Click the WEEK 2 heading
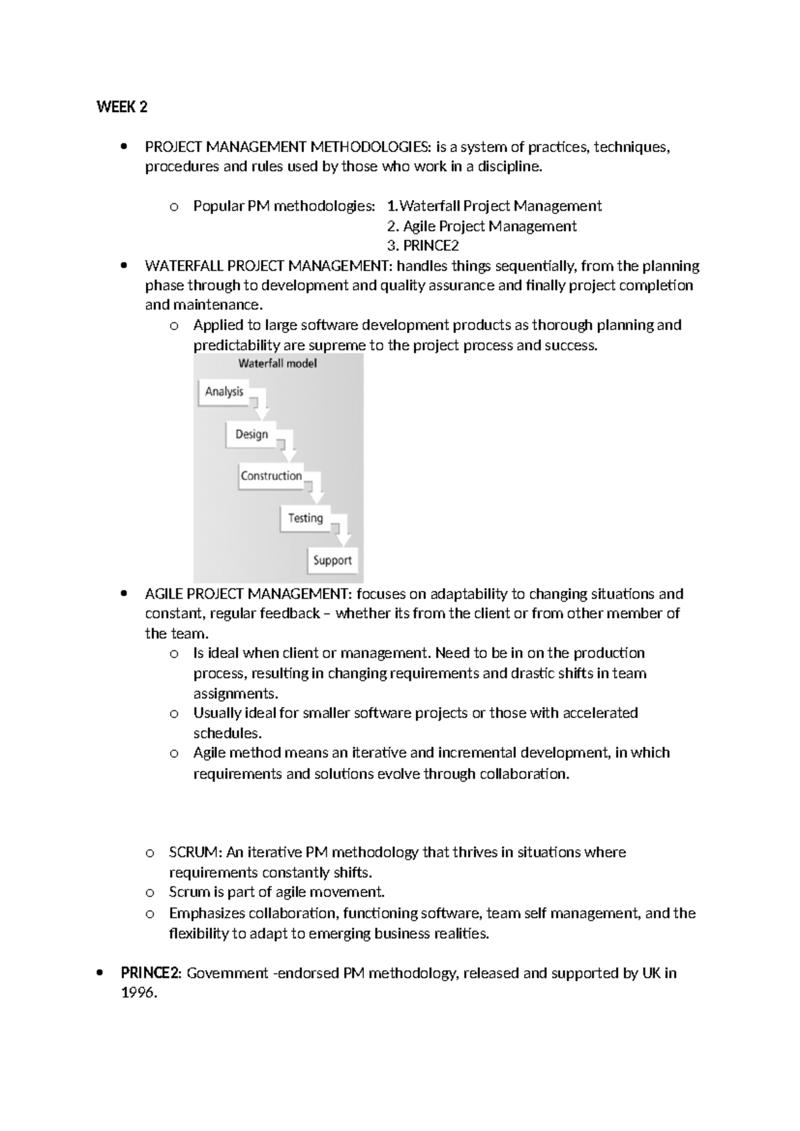click(121, 107)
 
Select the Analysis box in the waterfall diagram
click(224, 392)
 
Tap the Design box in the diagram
click(251, 435)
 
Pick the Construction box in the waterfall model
click(271, 476)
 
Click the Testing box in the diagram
click(305, 518)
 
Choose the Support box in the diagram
click(332, 560)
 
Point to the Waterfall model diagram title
click(277, 364)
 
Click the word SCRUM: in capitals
click(195, 852)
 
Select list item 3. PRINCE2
click(423, 245)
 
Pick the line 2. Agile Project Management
click(481, 226)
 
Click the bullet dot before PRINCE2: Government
click(99, 973)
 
